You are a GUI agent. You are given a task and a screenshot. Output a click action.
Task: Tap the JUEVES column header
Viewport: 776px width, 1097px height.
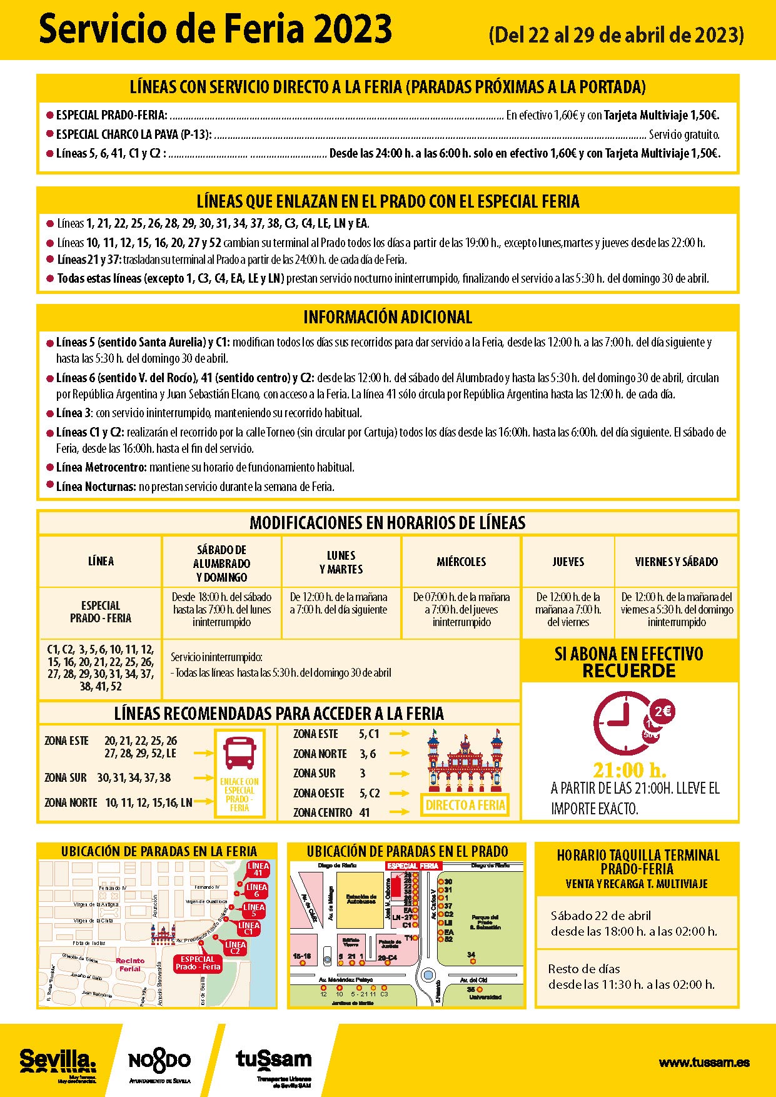click(568, 562)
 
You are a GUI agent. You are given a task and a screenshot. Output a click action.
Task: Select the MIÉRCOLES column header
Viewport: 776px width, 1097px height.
click(461, 562)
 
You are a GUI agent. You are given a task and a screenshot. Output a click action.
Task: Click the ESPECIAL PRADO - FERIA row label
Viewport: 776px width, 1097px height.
click(100, 612)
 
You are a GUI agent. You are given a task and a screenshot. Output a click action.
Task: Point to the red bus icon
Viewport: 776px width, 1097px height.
click(239, 753)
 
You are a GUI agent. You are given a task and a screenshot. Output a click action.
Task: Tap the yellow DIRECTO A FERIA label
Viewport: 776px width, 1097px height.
click(465, 805)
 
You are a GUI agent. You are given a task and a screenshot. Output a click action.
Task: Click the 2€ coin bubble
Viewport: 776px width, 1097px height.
click(662, 711)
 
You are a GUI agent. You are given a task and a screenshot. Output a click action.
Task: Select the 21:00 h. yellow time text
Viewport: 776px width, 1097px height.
click(629, 770)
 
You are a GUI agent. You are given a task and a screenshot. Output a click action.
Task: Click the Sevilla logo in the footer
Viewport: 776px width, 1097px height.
click(58, 1059)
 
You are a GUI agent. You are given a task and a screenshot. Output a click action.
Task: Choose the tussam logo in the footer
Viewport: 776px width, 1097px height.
click(273, 1059)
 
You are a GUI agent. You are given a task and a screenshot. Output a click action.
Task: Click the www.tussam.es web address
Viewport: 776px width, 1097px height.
click(704, 1062)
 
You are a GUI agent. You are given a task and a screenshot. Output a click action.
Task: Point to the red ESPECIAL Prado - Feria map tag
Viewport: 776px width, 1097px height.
click(198, 963)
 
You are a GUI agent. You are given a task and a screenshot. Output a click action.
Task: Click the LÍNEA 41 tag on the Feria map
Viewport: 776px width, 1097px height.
click(258, 869)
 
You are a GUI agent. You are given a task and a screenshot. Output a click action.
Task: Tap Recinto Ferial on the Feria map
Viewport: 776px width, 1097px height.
click(130, 964)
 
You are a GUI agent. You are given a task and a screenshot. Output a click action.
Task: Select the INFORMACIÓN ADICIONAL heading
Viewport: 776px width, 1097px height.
click(388, 317)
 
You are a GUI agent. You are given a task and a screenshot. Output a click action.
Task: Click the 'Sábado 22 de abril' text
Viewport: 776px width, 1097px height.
click(600, 916)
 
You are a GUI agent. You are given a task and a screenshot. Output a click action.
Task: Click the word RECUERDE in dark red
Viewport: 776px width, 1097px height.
click(629, 671)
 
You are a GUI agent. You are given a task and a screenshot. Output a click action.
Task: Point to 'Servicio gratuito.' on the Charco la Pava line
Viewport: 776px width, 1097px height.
click(684, 134)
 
